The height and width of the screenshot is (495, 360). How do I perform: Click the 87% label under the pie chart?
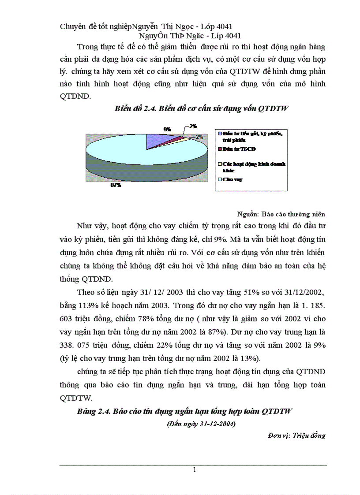pos(116,186)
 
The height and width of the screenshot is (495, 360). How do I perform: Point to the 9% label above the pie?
pos(167,129)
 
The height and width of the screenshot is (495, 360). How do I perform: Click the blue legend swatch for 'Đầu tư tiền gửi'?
pos(219,133)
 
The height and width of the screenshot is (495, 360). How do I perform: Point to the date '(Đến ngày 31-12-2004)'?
pos(201,424)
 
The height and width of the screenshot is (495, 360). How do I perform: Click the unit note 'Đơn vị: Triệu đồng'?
pos(296,435)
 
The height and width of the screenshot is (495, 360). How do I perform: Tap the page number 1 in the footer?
pos(194,470)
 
